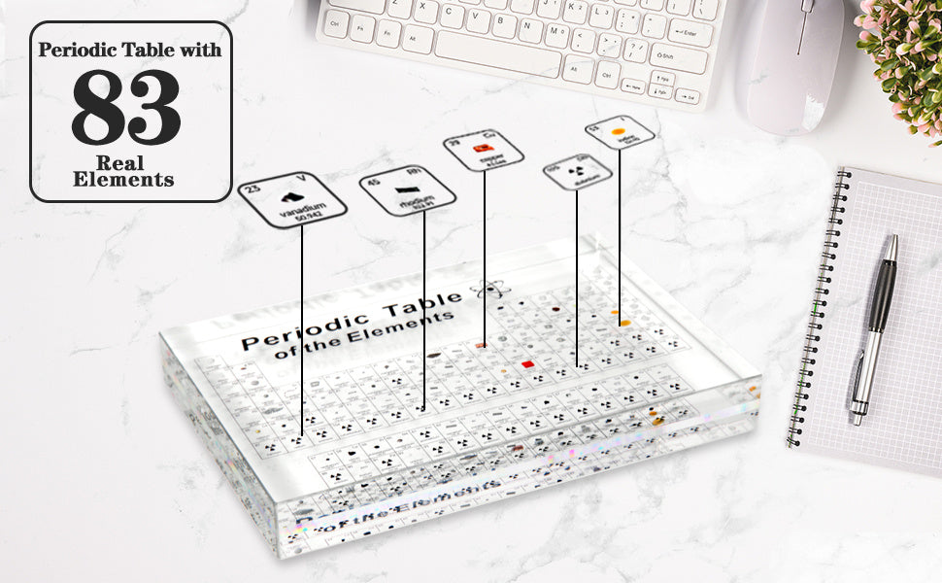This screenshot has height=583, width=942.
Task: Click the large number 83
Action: click(x=125, y=107)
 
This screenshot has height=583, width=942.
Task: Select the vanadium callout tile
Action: click(x=292, y=198)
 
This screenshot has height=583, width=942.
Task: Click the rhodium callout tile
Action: click(x=410, y=190)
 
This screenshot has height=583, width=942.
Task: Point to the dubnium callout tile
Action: click(x=577, y=171)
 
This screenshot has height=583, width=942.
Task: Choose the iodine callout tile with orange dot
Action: click(x=619, y=131)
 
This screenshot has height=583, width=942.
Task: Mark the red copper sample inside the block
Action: click(x=528, y=364)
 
